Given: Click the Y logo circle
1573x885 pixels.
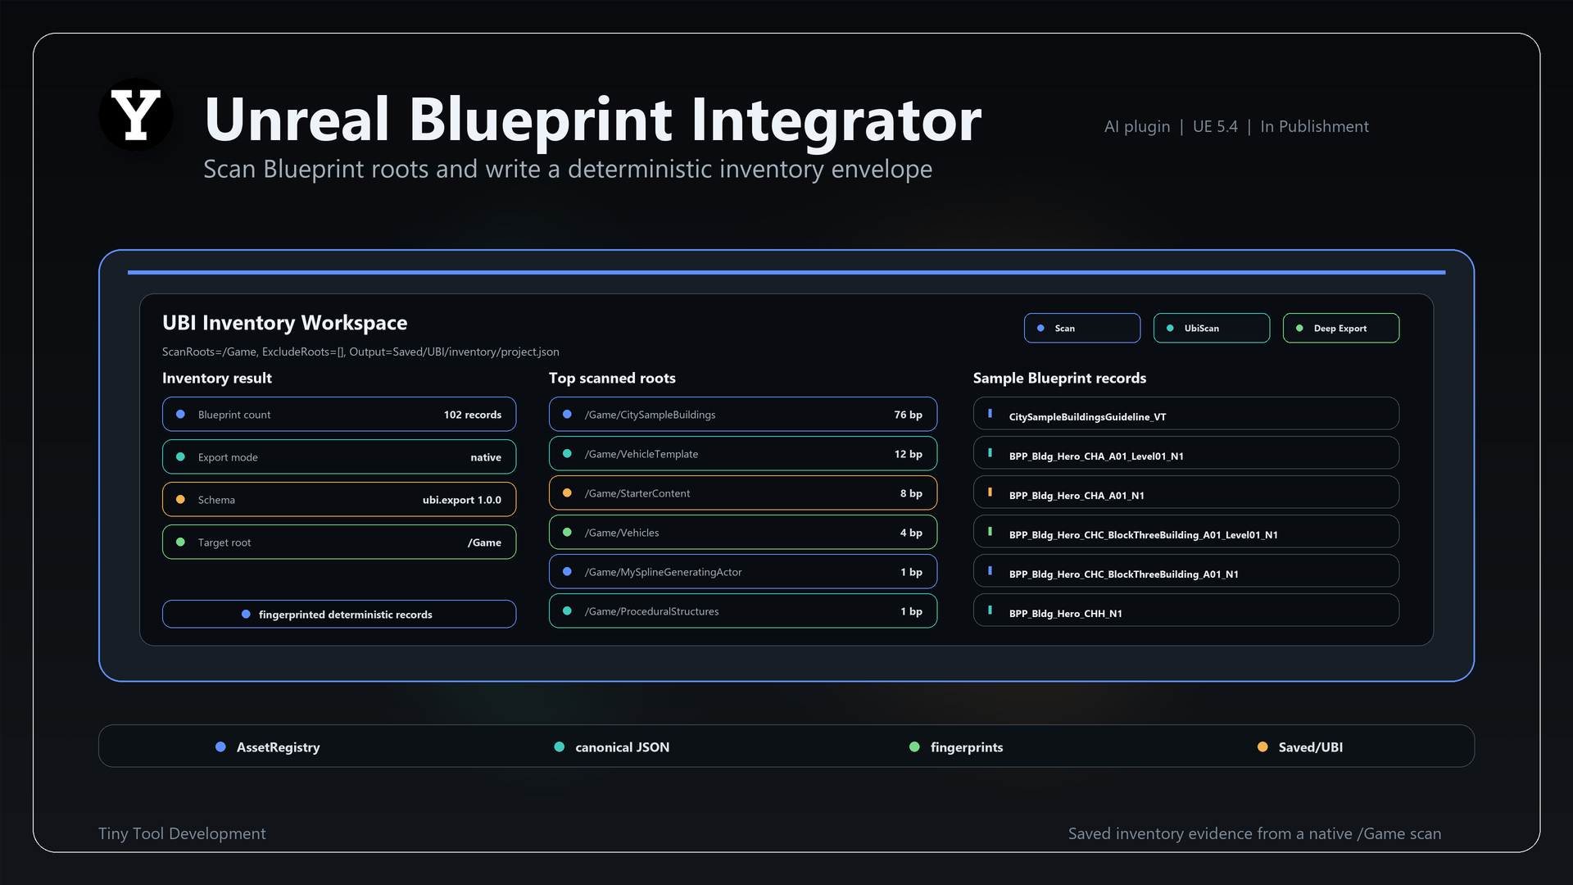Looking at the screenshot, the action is click(136, 115).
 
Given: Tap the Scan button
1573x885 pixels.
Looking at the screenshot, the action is click(1081, 328).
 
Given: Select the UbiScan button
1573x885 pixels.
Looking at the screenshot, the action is click(1211, 328).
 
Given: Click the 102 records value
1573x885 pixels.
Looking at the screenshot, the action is click(473, 415).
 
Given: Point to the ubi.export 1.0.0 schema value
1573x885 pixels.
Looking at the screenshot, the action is click(462, 500).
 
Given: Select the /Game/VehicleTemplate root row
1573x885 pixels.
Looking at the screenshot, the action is click(743, 454).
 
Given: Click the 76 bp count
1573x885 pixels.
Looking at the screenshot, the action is click(908, 415).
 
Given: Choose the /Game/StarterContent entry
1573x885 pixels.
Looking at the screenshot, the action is click(743, 493).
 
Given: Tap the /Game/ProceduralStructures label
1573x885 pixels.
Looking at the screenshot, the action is click(651, 611).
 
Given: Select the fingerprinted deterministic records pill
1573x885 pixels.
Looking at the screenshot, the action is click(339, 615).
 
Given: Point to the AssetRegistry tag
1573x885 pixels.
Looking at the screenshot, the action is click(268, 747).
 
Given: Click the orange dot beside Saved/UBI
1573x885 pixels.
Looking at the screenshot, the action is click(1262, 747).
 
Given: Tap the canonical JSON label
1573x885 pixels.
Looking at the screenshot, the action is click(623, 747).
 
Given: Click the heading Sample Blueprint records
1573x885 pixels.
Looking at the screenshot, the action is click(1059, 378).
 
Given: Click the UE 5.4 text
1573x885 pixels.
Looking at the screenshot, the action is click(1215, 126).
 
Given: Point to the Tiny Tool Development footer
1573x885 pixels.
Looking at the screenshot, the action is click(182, 833).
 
